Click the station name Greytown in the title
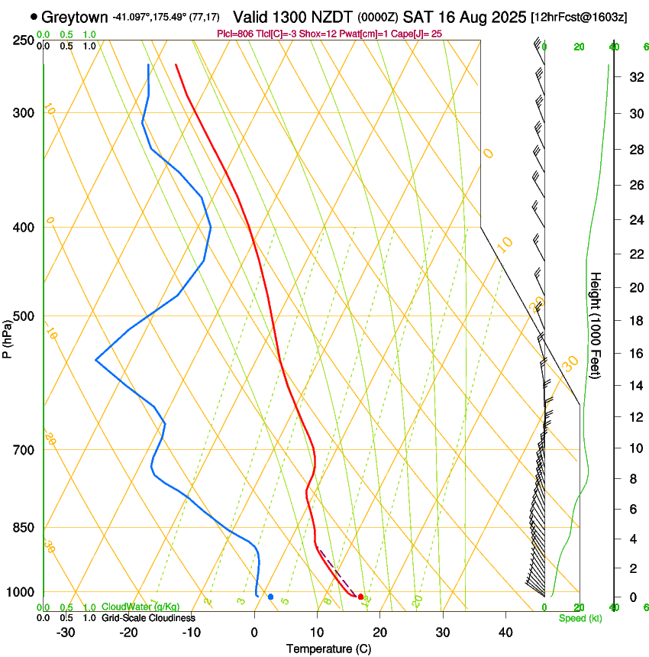point(75,17)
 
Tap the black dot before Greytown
point(34,17)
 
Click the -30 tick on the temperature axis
point(66,633)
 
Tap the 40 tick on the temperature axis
point(505,633)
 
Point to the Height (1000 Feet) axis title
point(596,325)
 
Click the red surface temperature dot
point(360,597)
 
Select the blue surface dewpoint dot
point(270,597)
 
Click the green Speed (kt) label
point(580,618)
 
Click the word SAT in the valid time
point(418,17)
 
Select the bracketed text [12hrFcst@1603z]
point(578,17)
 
